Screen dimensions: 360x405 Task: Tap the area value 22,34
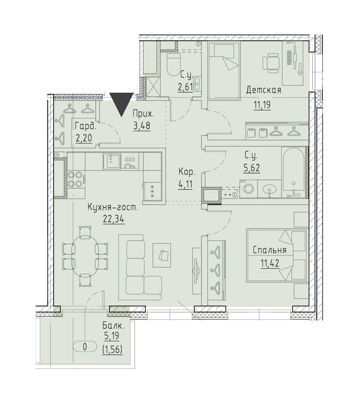click(x=114, y=219)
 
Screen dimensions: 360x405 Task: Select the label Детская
click(x=264, y=90)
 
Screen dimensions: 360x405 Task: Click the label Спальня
click(x=270, y=250)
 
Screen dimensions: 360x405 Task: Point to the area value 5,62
click(x=251, y=168)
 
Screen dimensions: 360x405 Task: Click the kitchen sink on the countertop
click(x=112, y=161)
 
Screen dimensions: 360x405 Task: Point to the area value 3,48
click(x=142, y=126)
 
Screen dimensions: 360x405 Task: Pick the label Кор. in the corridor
click(x=186, y=172)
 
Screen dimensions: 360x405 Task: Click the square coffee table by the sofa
click(x=162, y=255)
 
